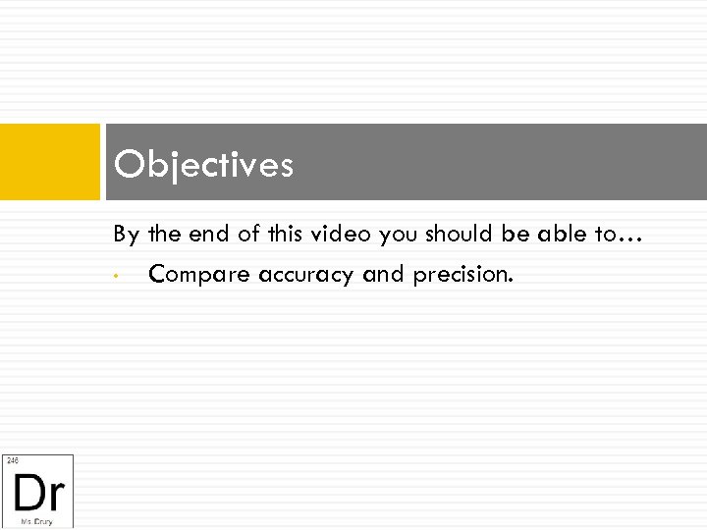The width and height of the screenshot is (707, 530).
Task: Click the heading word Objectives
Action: (203, 165)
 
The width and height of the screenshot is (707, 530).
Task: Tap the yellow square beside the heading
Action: (49, 162)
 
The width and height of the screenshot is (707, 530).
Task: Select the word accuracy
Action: (307, 275)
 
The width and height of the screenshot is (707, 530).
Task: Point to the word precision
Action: (462, 275)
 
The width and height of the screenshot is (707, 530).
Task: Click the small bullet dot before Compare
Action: (116, 276)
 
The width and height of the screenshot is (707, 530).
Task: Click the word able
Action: (561, 235)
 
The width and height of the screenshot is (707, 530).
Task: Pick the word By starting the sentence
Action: (126, 236)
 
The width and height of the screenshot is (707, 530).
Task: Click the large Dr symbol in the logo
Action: (37, 490)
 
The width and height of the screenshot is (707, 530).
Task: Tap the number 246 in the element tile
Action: (12, 460)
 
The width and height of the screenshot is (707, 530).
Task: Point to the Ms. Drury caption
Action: (37, 521)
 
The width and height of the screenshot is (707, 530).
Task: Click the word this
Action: (285, 235)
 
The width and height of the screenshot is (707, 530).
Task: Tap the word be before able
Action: (521, 235)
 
